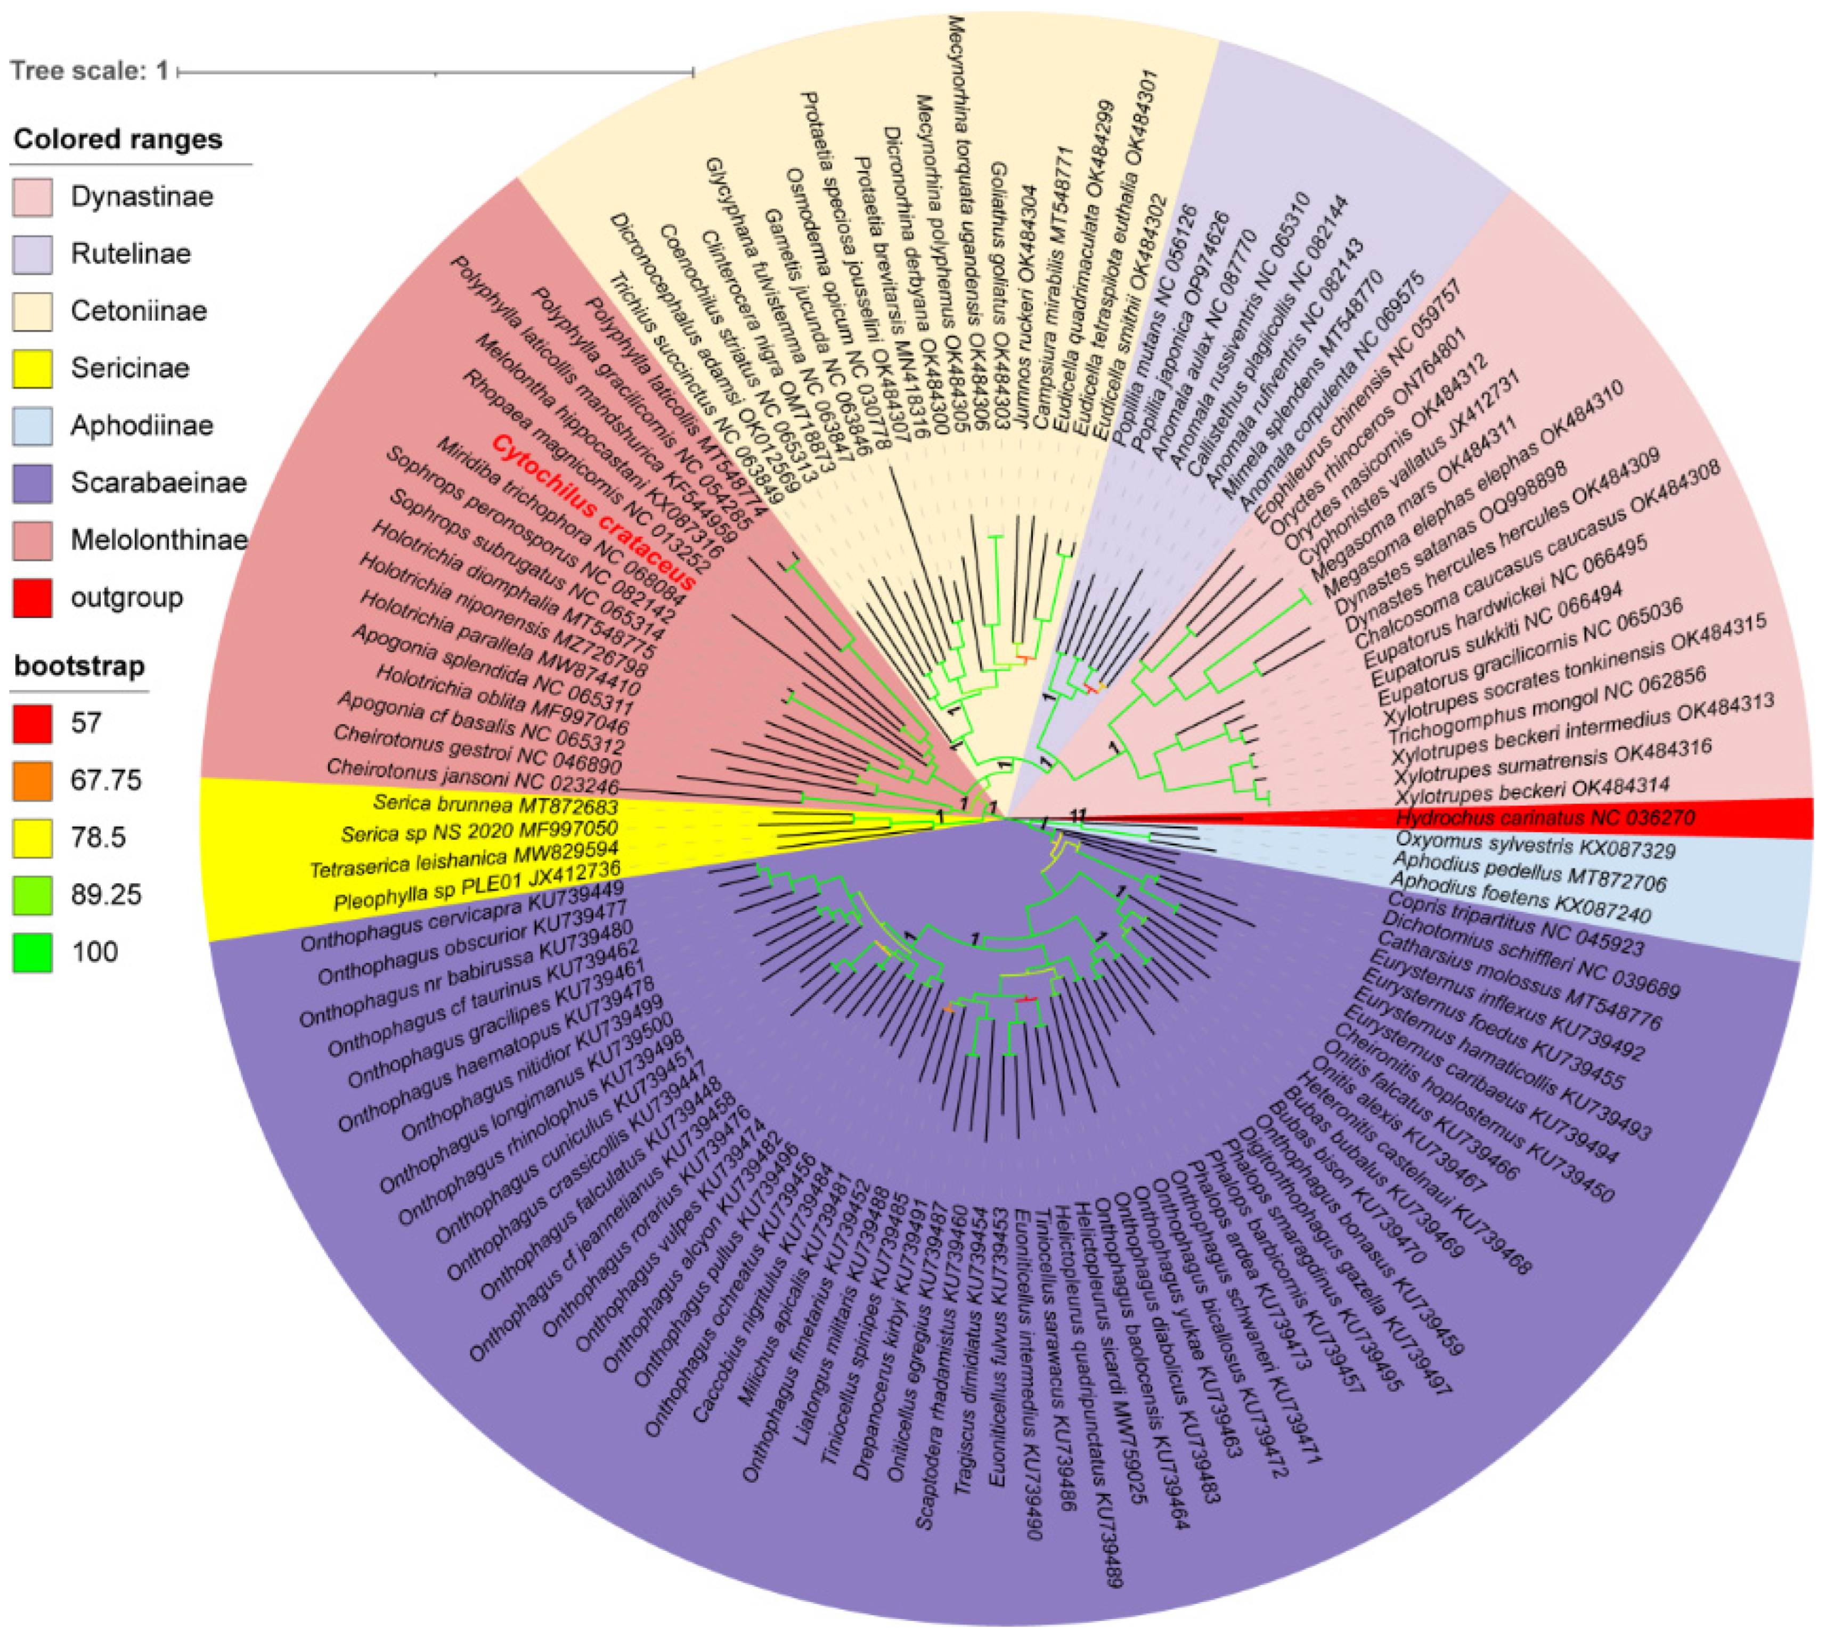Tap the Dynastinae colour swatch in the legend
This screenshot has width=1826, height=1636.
point(32,197)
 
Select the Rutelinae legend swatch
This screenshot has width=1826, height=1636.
point(32,255)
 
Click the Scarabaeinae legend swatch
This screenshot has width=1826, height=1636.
point(32,482)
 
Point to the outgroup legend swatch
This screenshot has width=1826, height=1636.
point(32,598)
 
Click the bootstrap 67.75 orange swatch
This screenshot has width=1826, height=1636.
point(32,780)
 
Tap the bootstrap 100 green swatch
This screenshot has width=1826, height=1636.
point(32,952)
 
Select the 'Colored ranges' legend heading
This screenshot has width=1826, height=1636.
point(118,140)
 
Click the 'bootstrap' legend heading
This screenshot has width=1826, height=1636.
point(79,666)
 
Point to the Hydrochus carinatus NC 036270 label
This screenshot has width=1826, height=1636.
point(1545,818)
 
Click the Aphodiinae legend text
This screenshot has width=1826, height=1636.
point(142,425)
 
